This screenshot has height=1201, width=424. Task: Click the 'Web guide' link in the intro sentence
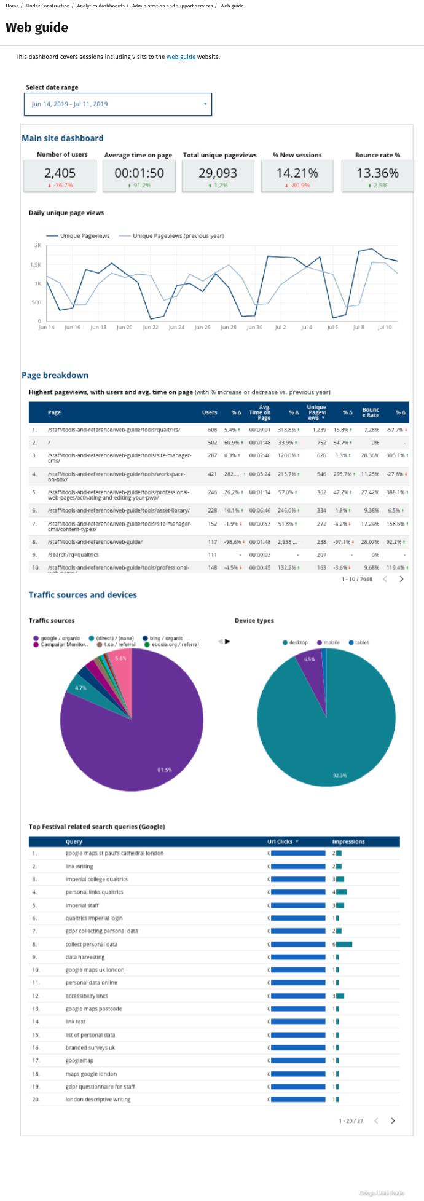pyautogui.click(x=181, y=57)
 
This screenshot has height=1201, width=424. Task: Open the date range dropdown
pyautogui.click(x=118, y=104)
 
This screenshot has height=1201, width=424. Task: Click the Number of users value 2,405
pyautogui.click(x=60, y=173)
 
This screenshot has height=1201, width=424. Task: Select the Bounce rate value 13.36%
pyautogui.click(x=378, y=173)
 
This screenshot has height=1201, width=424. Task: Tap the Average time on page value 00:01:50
pyautogui.click(x=139, y=173)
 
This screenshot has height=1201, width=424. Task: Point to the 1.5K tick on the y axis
pyautogui.click(x=36, y=265)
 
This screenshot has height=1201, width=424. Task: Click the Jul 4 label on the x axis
pyautogui.click(x=306, y=328)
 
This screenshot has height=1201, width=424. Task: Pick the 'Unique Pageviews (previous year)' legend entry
pyautogui.click(x=178, y=236)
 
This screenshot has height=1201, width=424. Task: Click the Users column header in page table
pyautogui.click(x=210, y=412)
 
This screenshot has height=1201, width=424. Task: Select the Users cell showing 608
pyautogui.click(x=212, y=430)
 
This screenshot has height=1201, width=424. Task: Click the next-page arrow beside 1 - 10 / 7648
pyautogui.click(x=401, y=579)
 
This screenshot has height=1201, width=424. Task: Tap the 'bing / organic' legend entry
pyautogui.click(x=166, y=639)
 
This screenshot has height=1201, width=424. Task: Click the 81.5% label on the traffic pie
pyautogui.click(x=165, y=770)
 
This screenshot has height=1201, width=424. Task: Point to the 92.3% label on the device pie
pyautogui.click(x=340, y=776)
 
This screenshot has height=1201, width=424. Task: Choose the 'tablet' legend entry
pyautogui.click(x=362, y=643)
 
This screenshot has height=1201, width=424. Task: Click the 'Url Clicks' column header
pyautogui.click(x=282, y=841)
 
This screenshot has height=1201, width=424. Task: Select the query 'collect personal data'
pyautogui.click(x=92, y=944)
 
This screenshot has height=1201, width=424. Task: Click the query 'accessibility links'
pyautogui.click(x=87, y=996)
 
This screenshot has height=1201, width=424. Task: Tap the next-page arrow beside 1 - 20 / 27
pyautogui.click(x=393, y=1120)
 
